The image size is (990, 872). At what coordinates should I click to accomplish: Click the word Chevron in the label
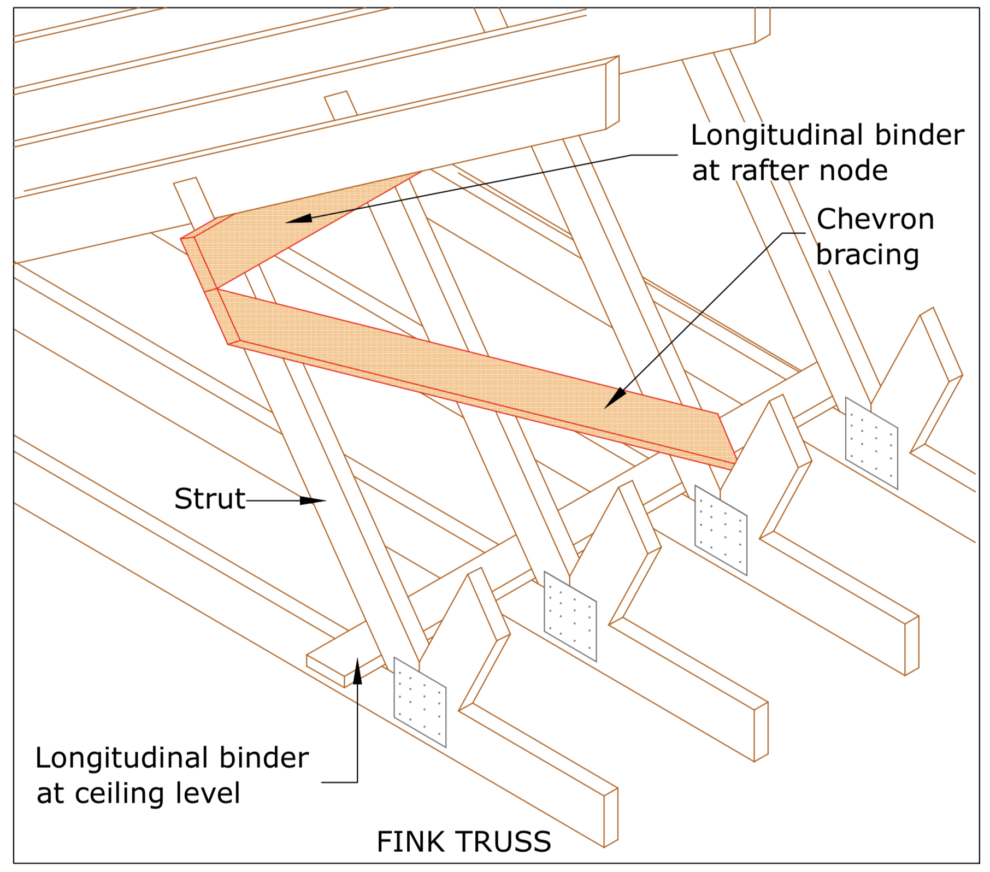875,220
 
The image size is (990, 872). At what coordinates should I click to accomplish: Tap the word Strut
210,499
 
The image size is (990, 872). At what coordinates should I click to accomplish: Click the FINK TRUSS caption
463,842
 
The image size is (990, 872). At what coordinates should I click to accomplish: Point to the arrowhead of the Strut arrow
315,500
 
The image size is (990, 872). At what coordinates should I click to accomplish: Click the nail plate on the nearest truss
420,702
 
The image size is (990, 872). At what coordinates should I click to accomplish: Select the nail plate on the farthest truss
871,443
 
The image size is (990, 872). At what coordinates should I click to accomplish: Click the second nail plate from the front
570,616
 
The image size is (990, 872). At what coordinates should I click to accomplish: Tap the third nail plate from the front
721,530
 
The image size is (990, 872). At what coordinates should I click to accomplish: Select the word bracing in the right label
867,255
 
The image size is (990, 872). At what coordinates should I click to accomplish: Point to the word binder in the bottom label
264,758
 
